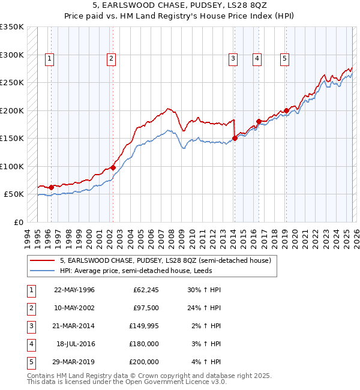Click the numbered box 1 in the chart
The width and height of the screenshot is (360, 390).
click(49, 58)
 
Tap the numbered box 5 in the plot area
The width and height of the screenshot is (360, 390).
click(284, 58)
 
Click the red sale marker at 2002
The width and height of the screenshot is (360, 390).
click(113, 168)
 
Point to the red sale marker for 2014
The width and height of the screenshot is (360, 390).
click(235, 139)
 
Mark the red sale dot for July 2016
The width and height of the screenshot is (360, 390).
click(259, 122)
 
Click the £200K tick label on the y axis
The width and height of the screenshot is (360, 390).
click(12, 110)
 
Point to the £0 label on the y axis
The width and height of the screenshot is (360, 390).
click(18, 222)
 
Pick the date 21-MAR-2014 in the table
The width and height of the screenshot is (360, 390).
click(74, 326)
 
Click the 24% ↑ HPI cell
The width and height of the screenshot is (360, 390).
click(206, 308)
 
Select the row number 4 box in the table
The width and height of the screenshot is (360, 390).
click(31, 344)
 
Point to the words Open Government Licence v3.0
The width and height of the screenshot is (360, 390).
click(178, 382)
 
